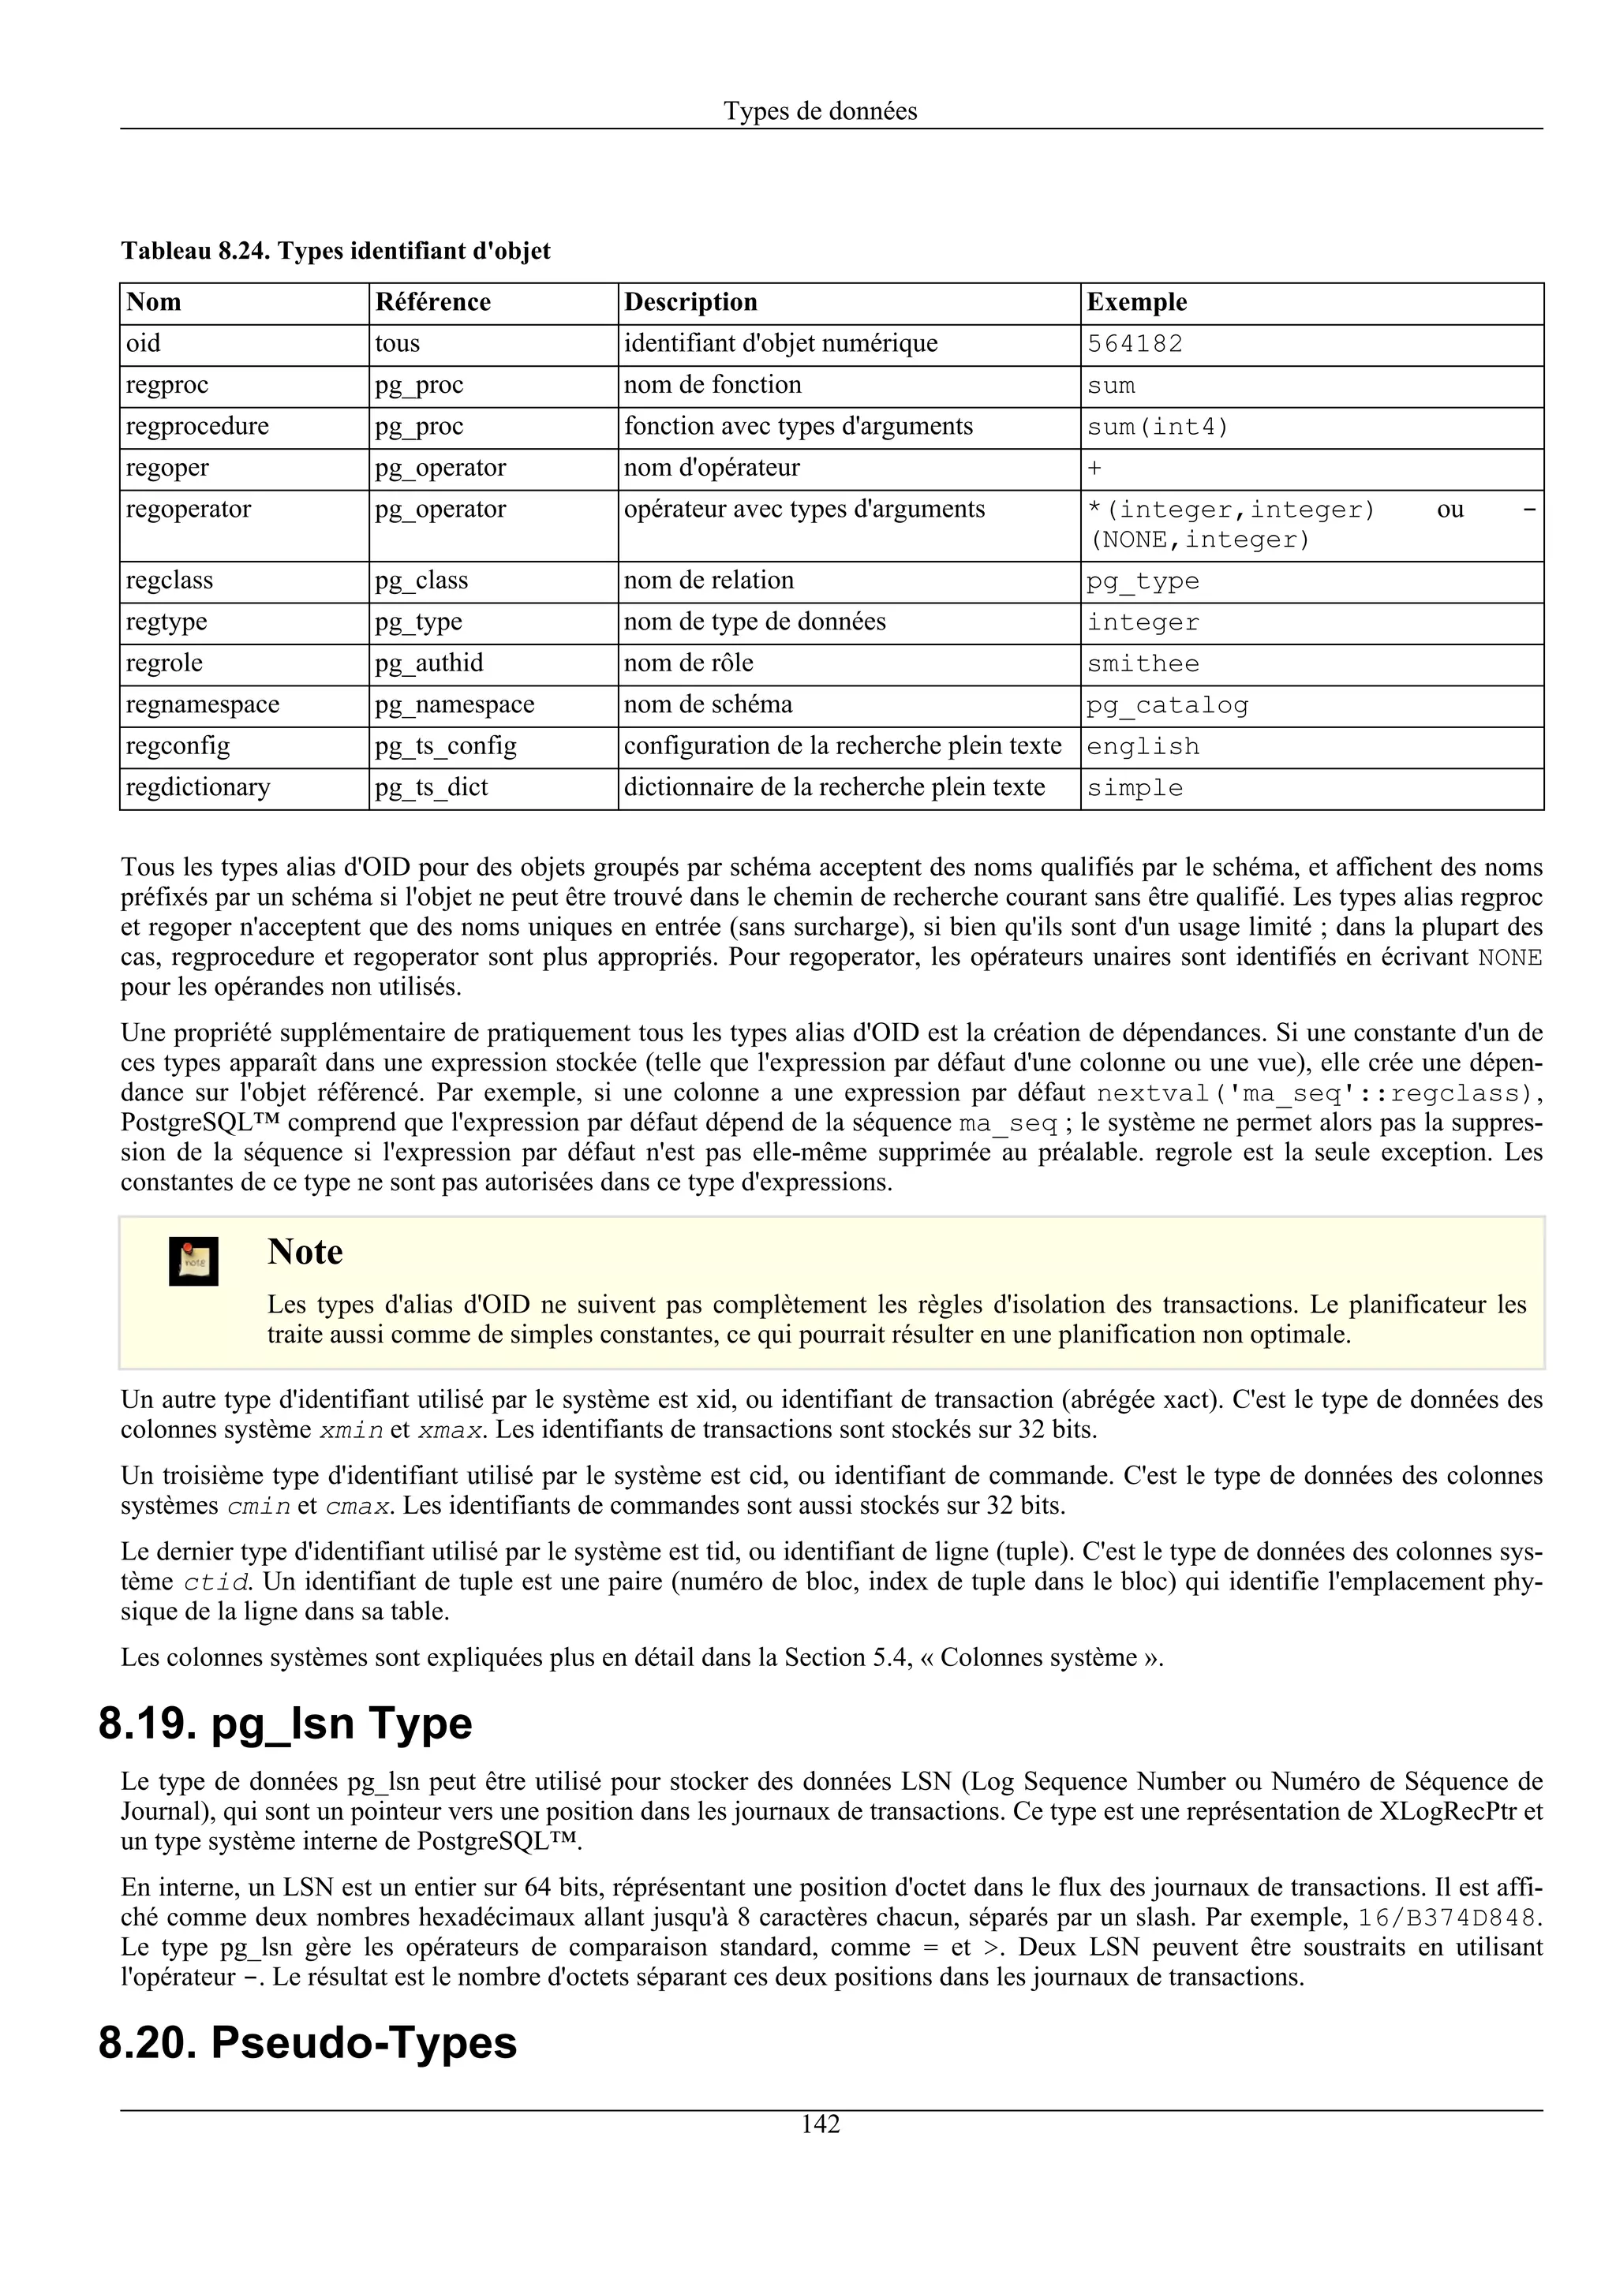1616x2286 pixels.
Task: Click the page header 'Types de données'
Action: (x=820, y=110)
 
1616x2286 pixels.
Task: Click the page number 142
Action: (x=821, y=2125)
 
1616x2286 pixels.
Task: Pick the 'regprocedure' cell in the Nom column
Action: (x=197, y=426)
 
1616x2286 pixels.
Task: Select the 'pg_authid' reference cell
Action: (x=428, y=663)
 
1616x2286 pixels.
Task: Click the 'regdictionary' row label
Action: (x=197, y=787)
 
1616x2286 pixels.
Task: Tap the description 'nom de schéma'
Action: (x=708, y=705)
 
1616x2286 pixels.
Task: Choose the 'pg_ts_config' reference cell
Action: (x=445, y=747)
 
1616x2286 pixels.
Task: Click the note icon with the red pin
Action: (x=193, y=1261)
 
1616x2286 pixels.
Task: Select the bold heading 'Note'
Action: (x=305, y=1252)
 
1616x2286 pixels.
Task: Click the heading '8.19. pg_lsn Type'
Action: (x=285, y=1724)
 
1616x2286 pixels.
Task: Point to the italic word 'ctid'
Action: (x=216, y=1582)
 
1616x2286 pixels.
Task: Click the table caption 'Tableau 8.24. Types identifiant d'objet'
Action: (x=335, y=251)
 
